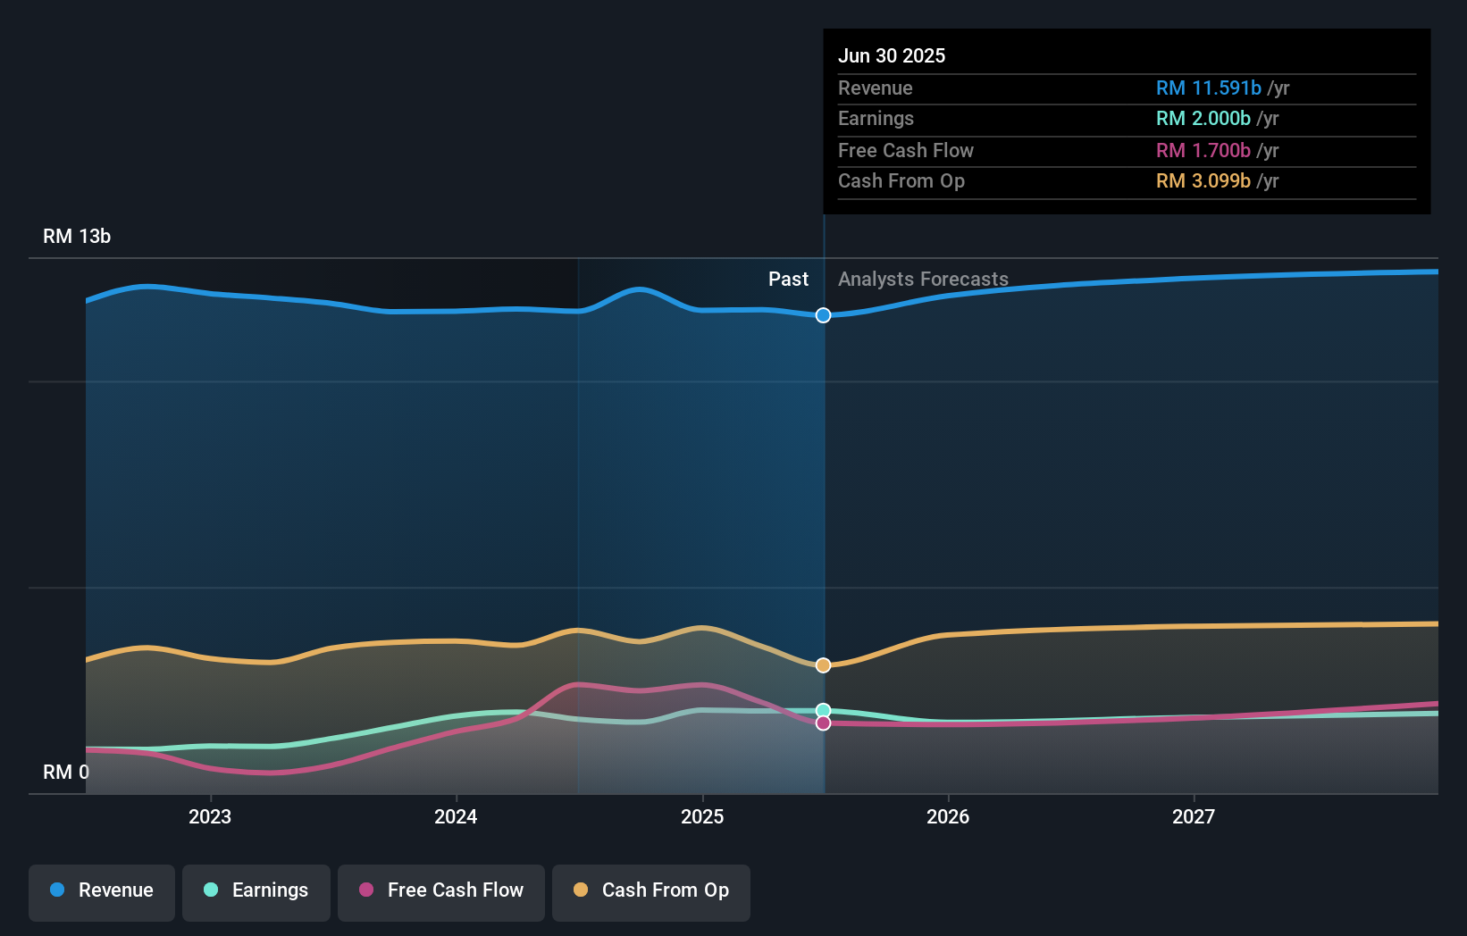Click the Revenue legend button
click(x=102, y=891)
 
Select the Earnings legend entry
click(x=256, y=891)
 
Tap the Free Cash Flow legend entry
click(x=441, y=891)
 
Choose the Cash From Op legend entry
click(x=651, y=891)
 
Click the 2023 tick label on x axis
click(x=210, y=816)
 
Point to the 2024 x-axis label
click(x=456, y=816)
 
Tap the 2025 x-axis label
click(x=702, y=816)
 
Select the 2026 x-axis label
click(x=948, y=816)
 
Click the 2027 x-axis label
click(x=1194, y=816)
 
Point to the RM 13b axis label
click(x=77, y=237)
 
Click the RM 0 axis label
click(x=66, y=772)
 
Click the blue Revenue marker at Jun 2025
click(x=823, y=315)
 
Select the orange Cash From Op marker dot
click(x=823, y=665)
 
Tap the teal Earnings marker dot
click(x=823, y=711)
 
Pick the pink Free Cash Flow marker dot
click(x=823, y=723)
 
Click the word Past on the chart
click(x=788, y=280)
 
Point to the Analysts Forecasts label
click(x=923, y=280)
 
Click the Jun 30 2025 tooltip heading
click(x=891, y=55)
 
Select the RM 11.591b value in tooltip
click(x=1208, y=88)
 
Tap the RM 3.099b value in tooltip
click(x=1203, y=181)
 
